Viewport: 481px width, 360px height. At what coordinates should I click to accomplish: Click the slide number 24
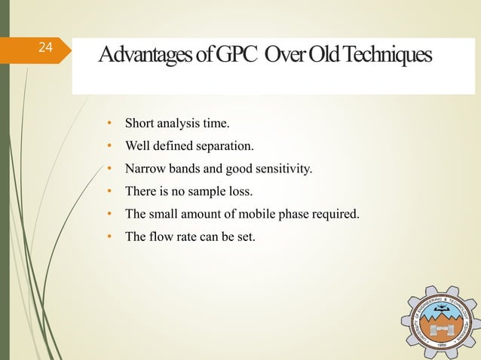pyautogui.click(x=45, y=48)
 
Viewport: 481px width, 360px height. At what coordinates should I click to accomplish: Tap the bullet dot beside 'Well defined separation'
pyautogui.click(x=109, y=146)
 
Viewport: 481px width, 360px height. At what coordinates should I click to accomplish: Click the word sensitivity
pyautogui.click(x=281, y=169)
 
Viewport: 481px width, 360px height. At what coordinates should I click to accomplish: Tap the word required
pyautogui.click(x=332, y=215)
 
